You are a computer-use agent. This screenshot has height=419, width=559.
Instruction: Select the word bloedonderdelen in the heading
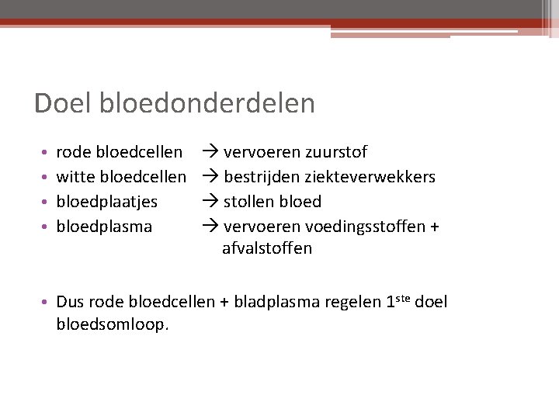(x=207, y=103)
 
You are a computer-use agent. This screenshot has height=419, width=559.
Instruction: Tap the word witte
(x=77, y=176)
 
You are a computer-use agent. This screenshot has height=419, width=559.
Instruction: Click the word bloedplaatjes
(x=107, y=202)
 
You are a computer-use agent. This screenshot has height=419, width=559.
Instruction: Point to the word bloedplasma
(x=105, y=227)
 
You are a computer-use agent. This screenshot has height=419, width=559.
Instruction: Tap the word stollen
(x=249, y=202)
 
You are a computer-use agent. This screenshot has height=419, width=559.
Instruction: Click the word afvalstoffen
(x=267, y=248)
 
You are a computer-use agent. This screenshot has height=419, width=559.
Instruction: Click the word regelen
(x=352, y=303)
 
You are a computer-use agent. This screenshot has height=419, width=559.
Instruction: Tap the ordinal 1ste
(x=398, y=301)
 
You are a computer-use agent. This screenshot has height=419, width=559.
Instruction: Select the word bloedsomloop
(x=112, y=324)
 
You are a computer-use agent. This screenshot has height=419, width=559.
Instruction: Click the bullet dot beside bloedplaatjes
(x=47, y=203)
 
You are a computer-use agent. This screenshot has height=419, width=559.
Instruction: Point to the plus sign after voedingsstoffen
(x=435, y=227)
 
